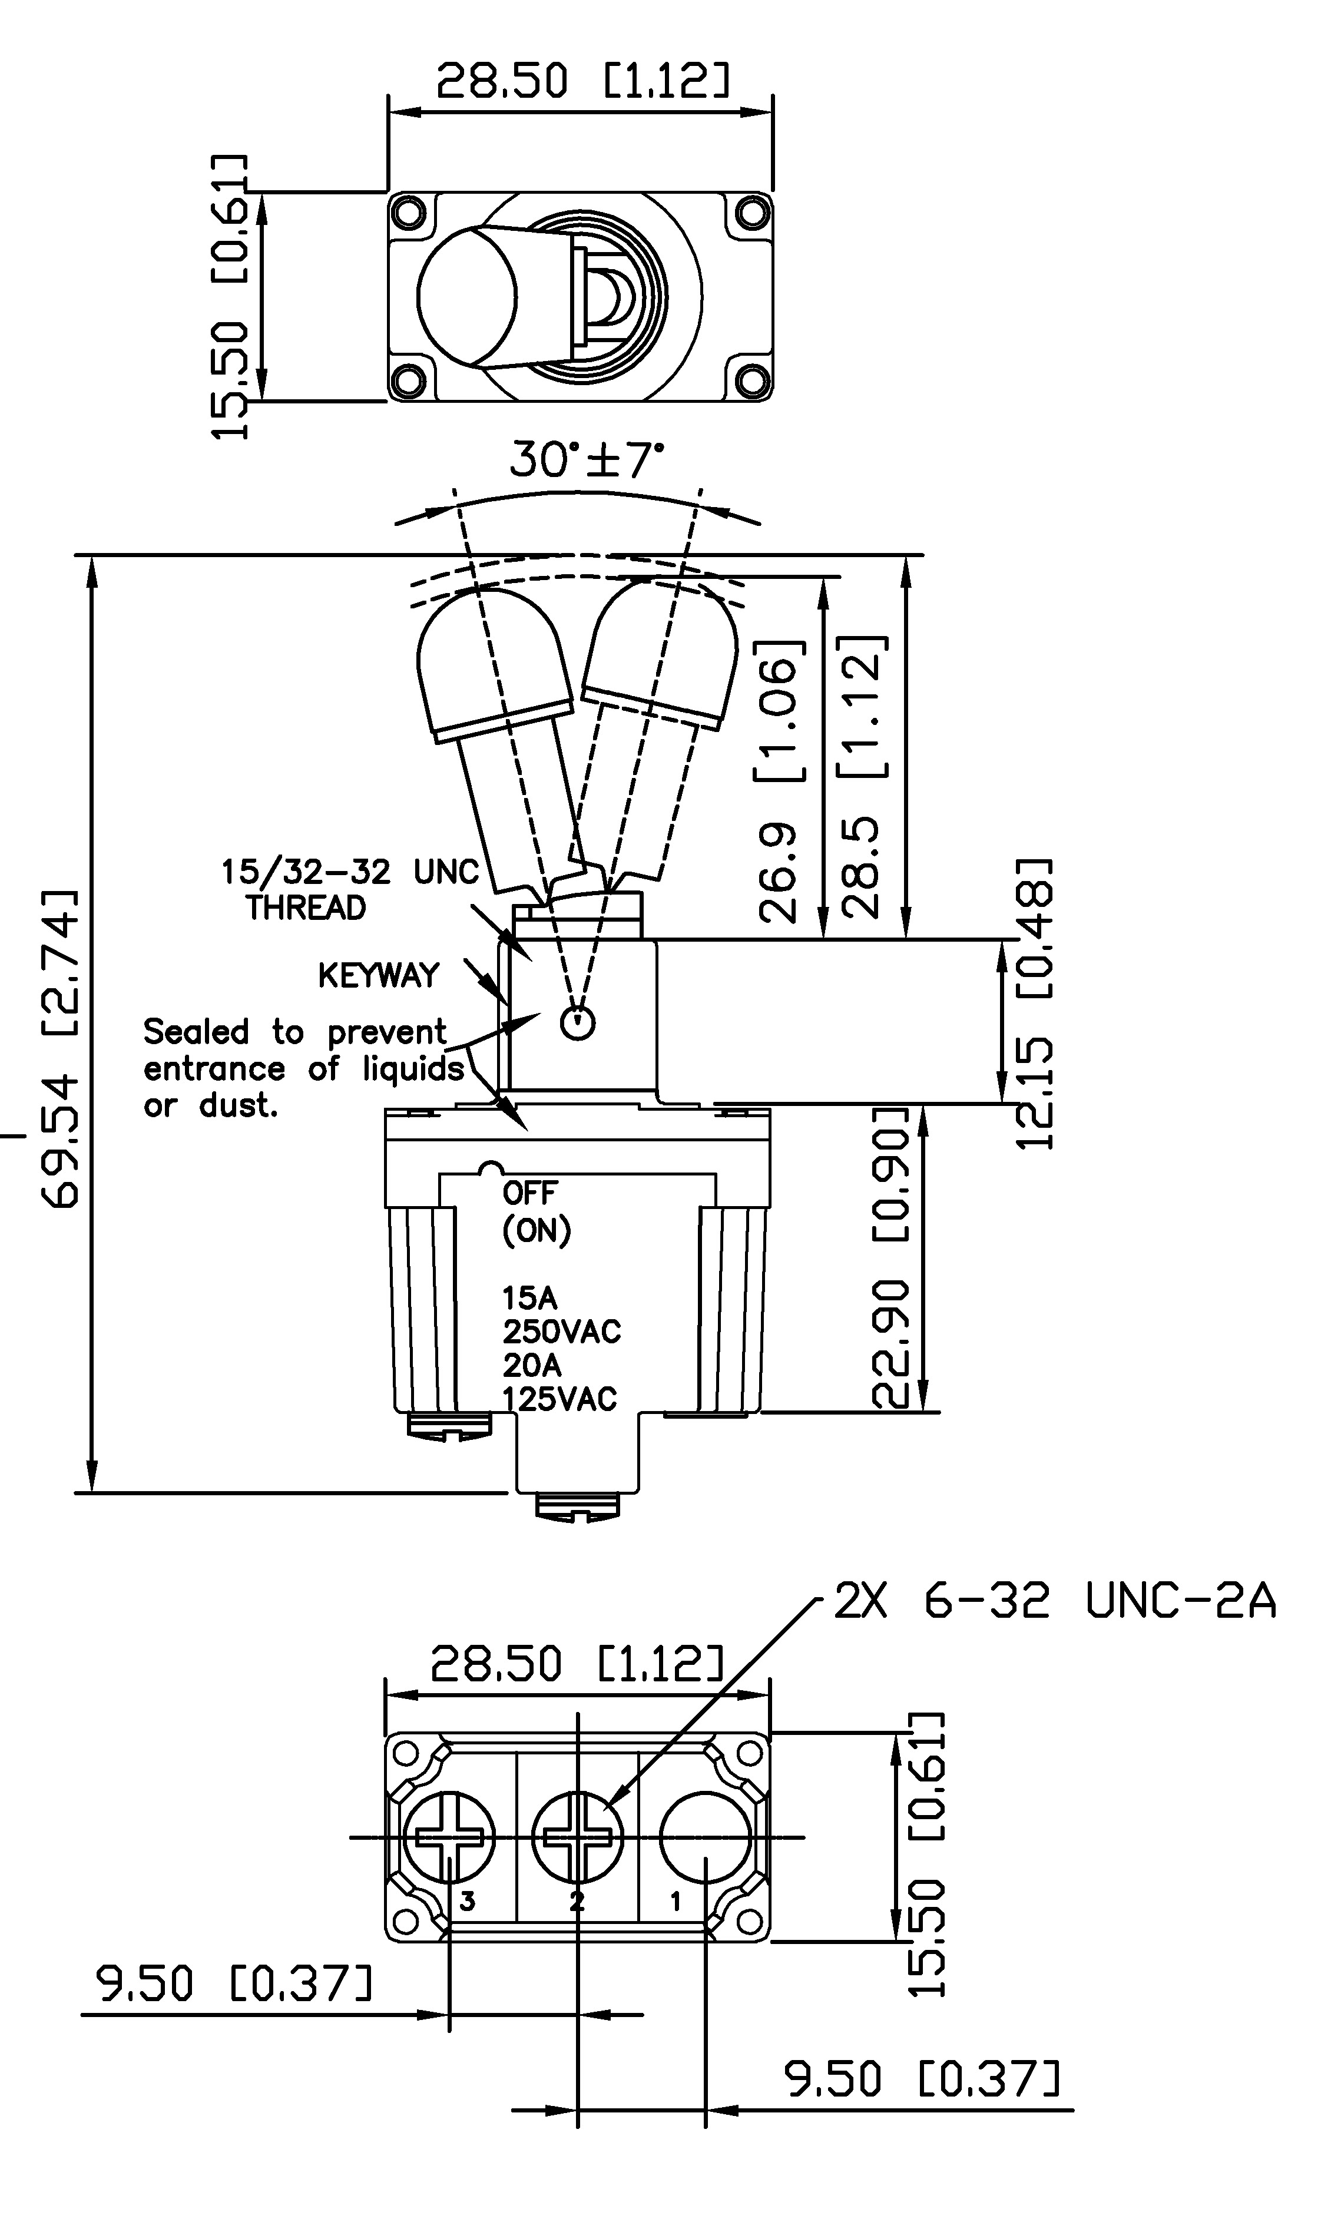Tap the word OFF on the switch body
(x=529, y=1193)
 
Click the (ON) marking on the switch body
(x=537, y=1230)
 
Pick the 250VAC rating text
(x=561, y=1331)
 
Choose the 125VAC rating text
(x=559, y=1399)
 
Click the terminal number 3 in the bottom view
(x=467, y=1900)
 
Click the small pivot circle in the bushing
(x=577, y=1023)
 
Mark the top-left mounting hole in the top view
(x=409, y=213)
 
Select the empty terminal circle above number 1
(x=705, y=1836)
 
